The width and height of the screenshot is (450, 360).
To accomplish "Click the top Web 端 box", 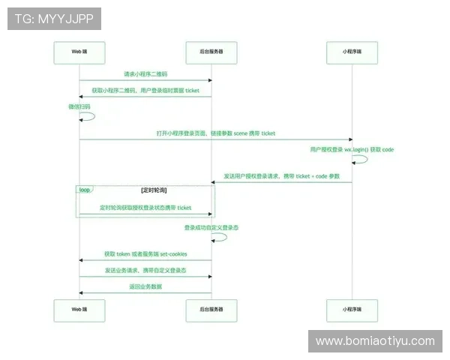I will (79, 52).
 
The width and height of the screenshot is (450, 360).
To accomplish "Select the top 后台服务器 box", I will (211, 52).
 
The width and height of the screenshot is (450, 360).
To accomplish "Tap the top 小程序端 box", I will (352, 52).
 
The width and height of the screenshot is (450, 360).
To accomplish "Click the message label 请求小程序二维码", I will (145, 73).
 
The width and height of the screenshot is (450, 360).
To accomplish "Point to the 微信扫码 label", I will (79, 106).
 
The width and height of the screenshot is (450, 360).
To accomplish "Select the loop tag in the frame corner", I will (85, 190).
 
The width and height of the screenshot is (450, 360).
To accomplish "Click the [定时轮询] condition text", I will (154, 190).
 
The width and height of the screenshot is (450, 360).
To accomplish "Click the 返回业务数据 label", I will (145, 286).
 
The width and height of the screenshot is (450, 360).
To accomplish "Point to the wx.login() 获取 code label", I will (352, 149).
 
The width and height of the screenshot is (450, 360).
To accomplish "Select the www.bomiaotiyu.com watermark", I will (374, 341).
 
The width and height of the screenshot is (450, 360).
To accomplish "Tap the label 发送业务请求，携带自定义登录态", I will (145, 270).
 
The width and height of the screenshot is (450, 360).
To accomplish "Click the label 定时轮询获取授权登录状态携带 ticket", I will (145, 208).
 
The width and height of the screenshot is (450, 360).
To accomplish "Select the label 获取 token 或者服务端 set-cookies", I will (145, 254).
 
